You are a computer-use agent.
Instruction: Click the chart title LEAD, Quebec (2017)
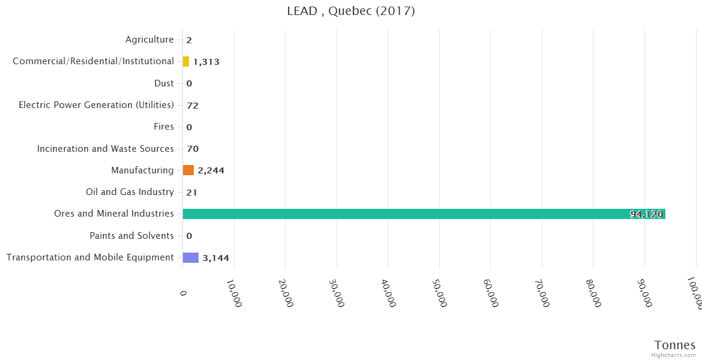coord(351,11)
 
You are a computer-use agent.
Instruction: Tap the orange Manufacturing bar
coord(188,170)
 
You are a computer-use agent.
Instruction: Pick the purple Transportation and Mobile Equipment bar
coord(191,257)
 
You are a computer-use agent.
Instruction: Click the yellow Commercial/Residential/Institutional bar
coord(186,61)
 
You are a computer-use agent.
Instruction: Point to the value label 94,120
coord(646,214)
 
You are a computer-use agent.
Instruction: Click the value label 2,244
coord(211,170)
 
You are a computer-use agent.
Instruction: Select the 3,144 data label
coord(215,258)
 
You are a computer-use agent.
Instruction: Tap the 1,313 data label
coord(206,62)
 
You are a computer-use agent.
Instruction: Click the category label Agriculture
coord(149,40)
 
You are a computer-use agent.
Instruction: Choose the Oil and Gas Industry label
coord(130,192)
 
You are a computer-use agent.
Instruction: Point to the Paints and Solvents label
coord(131,236)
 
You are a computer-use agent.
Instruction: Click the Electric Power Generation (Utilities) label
coord(96,105)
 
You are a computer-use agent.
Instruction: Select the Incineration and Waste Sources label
coord(105,148)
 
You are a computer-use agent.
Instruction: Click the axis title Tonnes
coord(675,345)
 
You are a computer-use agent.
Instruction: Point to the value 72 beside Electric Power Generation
coord(193,106)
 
